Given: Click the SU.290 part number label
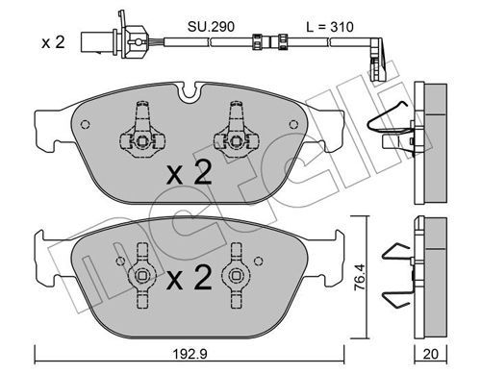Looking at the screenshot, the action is [x=211, y=27].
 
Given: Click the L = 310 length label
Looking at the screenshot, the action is [x=330, y=27].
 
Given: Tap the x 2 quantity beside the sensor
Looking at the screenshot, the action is [x=53, y=42].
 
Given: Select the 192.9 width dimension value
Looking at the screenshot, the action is [x=190, y=354].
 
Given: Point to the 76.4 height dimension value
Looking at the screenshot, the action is [x=360, y=277].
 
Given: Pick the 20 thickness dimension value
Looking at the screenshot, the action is [x=430, y=354].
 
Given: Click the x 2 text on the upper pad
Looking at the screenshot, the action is [x=190, y=173].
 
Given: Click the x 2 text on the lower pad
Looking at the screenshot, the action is [x=190, y=278].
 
